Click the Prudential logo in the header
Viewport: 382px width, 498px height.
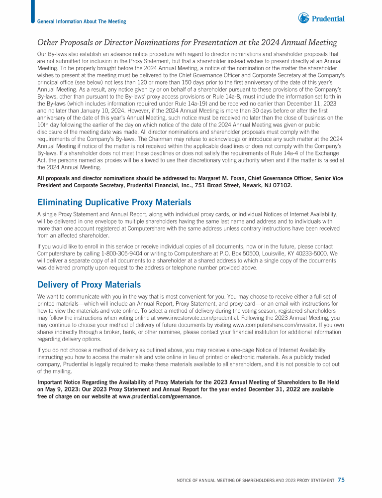pyautogui.click(x=321, y=19)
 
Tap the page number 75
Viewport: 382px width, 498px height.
pyautogui.click(x=341, y=480)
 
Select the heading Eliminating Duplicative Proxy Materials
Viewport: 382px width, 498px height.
pyautogui.click(x=114, y=203)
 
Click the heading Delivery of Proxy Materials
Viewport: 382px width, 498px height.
pyautogui.click(x=89, y=285)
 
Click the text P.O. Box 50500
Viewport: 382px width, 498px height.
pyautogui.click(x=226, y=253)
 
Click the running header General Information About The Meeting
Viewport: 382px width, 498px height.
pyautogui.click(x=82, y=21)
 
